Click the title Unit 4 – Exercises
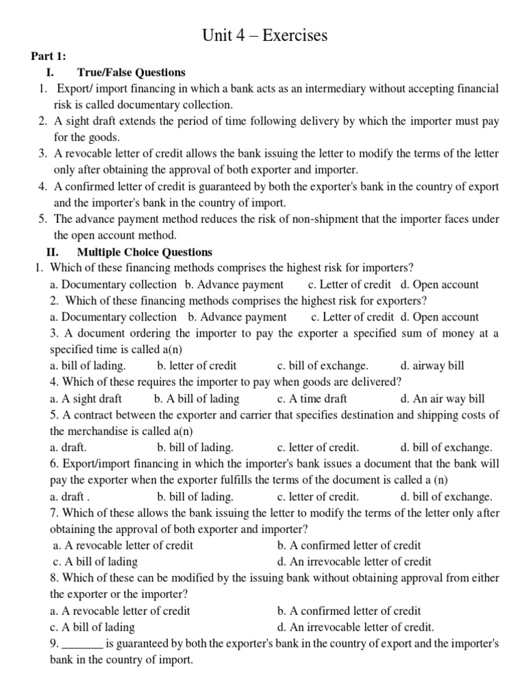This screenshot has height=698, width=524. (x=265, y=35)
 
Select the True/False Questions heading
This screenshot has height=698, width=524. (x=132, y=72)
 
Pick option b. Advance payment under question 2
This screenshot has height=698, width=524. (x=237, y=317)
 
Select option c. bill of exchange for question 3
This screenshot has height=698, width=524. (x=323, y=365)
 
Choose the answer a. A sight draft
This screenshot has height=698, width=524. (x=83, y=399)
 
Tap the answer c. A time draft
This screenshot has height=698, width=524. (x=312, y=399)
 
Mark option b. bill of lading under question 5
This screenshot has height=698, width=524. (x=195, y=448)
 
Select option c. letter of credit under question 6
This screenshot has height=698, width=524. (x=318, y=497)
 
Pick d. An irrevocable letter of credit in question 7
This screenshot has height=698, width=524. (x=354, y=562)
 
